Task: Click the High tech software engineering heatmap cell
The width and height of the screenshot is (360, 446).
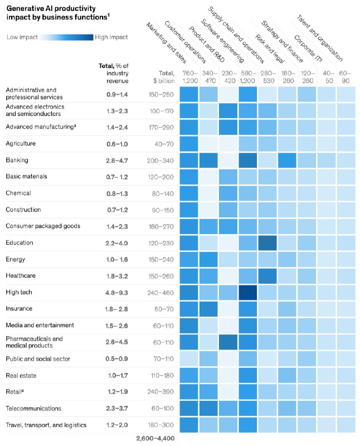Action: [x=247, y=293]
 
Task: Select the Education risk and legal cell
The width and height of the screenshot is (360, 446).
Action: [x=267, y=243]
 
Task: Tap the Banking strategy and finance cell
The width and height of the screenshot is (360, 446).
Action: [x=287, y=161]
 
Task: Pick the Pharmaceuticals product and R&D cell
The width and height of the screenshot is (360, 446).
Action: [x=228, y=342]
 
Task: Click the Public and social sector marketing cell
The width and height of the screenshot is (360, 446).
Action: [x=189, y=358]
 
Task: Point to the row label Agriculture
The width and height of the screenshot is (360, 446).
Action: [x=21, y=143]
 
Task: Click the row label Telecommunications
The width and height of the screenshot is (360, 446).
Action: [x=33, y=409]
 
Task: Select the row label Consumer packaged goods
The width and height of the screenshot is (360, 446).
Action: [x=43, y=226]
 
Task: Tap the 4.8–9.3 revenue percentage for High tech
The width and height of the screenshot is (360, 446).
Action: [x=116, y=293]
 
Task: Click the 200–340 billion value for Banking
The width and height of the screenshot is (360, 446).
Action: [x=160, y=161]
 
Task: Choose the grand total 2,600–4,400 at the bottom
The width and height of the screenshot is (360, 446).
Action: [x=155, y=438]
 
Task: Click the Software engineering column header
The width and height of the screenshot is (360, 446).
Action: [x=223, y=41]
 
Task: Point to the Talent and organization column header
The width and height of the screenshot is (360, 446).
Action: [x=320, y=38]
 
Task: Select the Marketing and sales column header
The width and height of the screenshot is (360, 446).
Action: [x=167, y=43]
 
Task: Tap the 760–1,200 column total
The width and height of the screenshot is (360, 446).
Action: [x=190, y=77]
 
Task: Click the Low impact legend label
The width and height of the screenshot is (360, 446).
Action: [x=22, y=37]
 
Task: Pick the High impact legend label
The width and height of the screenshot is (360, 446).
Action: [x=111, y=37]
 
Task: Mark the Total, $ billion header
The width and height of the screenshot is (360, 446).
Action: [x=164, y=77]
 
